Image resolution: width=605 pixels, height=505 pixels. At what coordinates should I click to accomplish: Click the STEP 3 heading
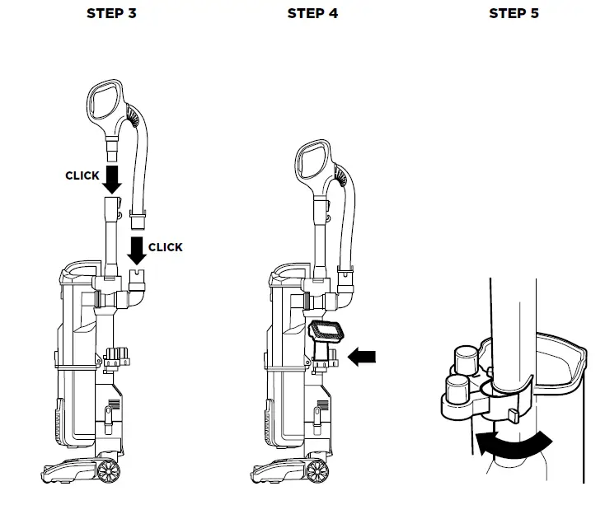[x=111, y=14]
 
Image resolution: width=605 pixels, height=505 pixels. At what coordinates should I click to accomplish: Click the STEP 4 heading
[x=312, y=14]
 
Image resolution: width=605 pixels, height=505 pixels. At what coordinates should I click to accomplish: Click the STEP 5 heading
[x=514, y=14]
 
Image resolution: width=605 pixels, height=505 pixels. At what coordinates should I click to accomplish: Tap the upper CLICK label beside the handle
[x=82, y=175]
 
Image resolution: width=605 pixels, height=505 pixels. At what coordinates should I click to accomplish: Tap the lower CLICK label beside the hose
[x=166, y=247]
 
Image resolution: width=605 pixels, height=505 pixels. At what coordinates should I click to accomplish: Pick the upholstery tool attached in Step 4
[x=325, y=334]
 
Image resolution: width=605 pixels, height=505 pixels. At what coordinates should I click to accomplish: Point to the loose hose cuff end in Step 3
[x=138, y=222]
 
